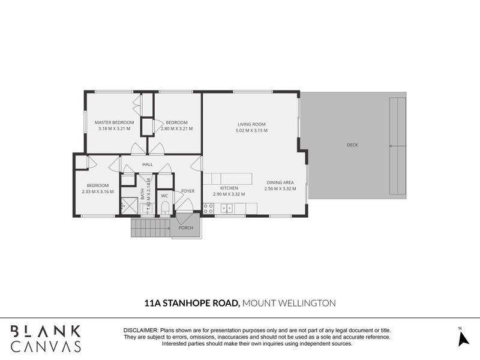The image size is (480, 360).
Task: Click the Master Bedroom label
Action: [114, 122]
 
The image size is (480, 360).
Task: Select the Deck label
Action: [353, 145]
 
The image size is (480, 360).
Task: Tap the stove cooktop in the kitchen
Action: [209, 208]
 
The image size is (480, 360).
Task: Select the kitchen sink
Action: [227, 208]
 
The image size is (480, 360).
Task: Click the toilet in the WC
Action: [165, 208]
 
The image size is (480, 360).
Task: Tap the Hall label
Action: [148, 164]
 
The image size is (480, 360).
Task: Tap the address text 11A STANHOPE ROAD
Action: [191, 304]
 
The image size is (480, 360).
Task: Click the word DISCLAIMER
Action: [140, 331]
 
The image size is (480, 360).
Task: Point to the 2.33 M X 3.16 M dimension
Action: [97, 192]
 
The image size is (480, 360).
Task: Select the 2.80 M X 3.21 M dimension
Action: [178, 128]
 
